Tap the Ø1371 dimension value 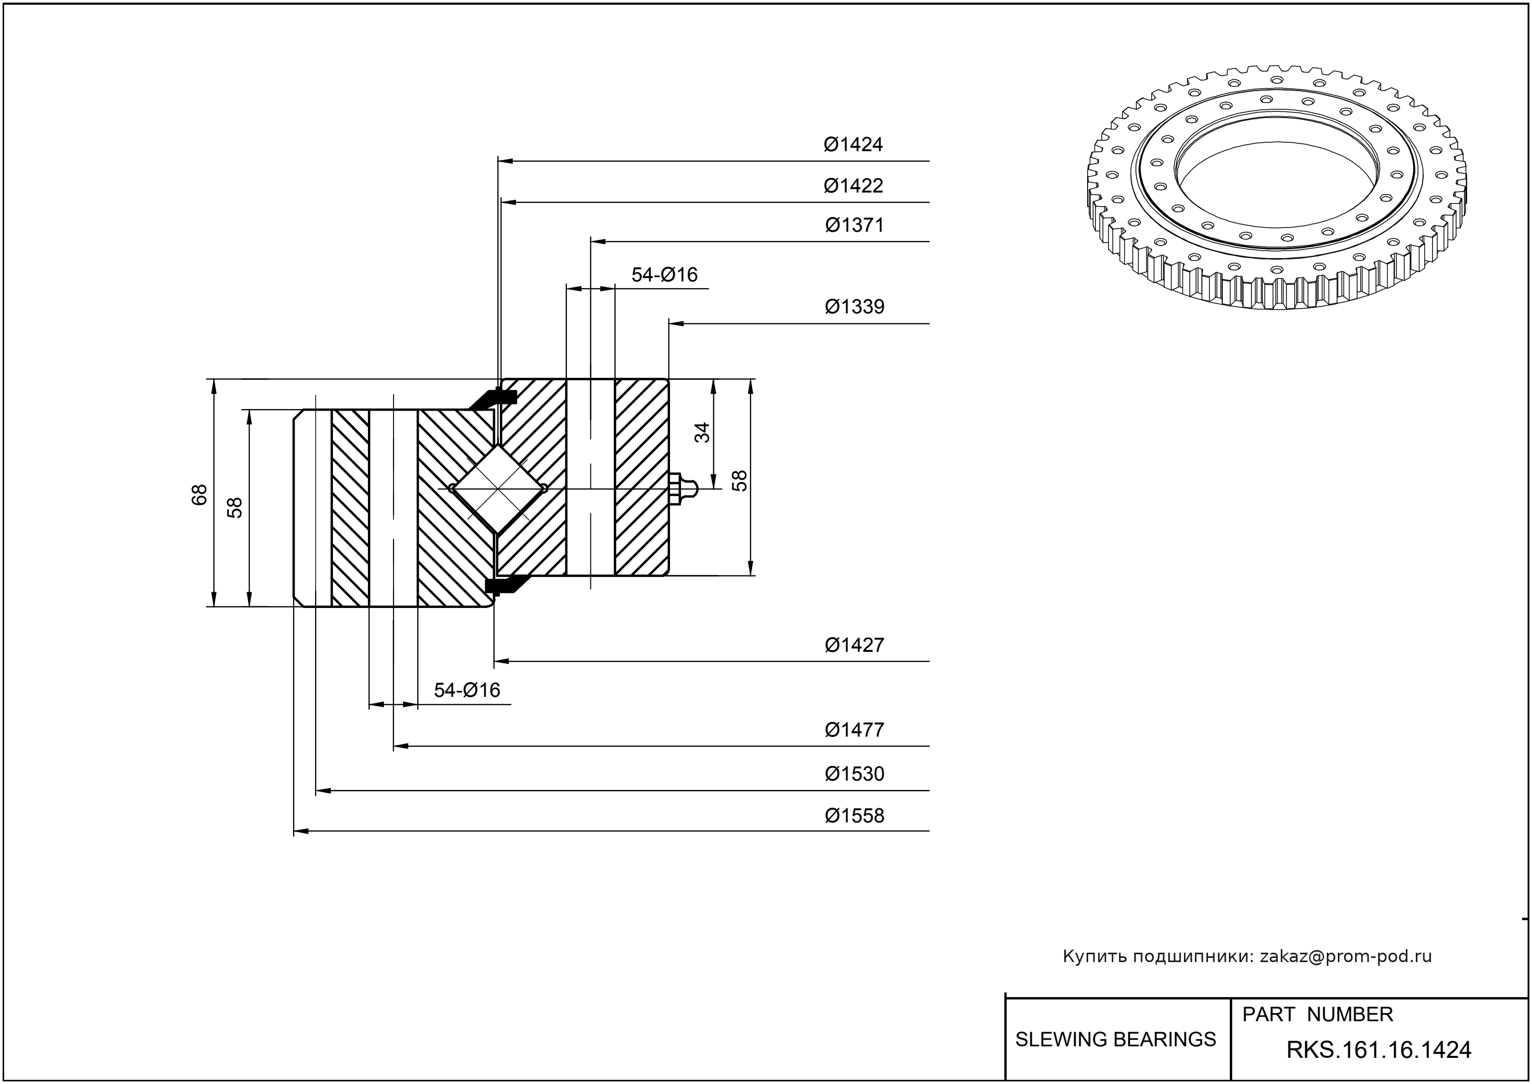(854, 225)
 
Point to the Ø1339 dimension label (854, 307)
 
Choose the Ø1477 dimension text (854, 730)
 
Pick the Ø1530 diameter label (854, 774)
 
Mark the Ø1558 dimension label (854, 815)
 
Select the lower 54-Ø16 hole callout (467, 690)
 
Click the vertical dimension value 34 (702, 433)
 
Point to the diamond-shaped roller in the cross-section (498, 489)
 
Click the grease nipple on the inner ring (683, 489)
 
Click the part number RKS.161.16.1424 (1379, 1050)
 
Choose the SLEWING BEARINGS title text (1115, 1040)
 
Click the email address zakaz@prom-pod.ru (1345, 956)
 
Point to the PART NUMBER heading (1317, 1014)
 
